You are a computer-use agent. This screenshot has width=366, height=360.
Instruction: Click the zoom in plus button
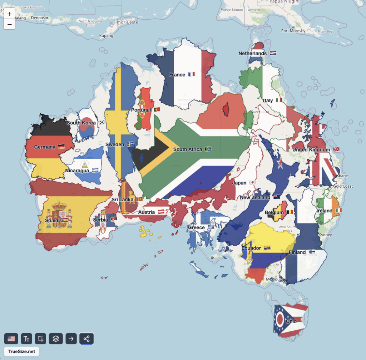coord(9,14)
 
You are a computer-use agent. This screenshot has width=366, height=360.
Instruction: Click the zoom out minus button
coord(9,24)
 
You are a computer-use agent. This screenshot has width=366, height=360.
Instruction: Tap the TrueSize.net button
coord(21,351)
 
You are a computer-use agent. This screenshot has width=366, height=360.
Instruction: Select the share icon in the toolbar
coord(86,339)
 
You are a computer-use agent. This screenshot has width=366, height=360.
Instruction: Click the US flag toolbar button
coord(11,339)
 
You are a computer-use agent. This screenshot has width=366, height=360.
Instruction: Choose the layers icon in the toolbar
coord(56,339)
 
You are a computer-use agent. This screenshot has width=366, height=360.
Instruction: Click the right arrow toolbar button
coord(71,339)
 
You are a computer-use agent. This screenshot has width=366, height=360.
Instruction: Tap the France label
coord(177,75)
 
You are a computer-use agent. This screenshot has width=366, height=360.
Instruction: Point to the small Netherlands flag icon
coord(273,53)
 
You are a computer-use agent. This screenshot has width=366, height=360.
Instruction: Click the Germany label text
coord(45,147)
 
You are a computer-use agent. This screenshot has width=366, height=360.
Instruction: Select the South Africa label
coord(188,149)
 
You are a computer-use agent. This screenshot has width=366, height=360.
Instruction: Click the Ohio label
coord(291,321)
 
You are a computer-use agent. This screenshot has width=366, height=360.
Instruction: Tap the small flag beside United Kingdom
coord(336,149)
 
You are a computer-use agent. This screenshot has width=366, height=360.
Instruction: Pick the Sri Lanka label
coord(123,199)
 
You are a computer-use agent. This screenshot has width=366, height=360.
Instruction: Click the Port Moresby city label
coord(293,31)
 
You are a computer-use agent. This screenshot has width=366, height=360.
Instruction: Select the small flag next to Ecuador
coord(267,248)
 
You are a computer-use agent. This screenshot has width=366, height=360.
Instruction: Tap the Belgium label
coord(274,212)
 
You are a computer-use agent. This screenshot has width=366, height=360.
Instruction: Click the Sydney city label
coord(325,235)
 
